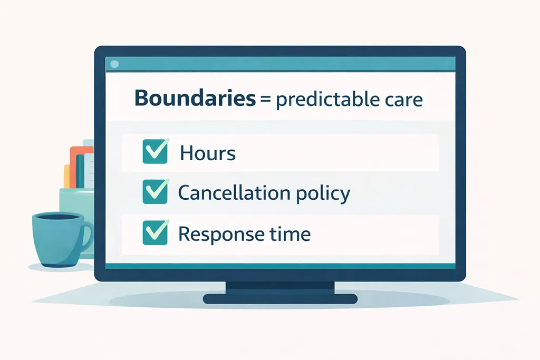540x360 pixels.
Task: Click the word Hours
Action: point(207,153)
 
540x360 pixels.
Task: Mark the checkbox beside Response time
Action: point(155,233)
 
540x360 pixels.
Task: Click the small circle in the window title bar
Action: point(115,64)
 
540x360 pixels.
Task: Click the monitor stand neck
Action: point(279,288)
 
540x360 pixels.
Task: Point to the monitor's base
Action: point(279,299)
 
